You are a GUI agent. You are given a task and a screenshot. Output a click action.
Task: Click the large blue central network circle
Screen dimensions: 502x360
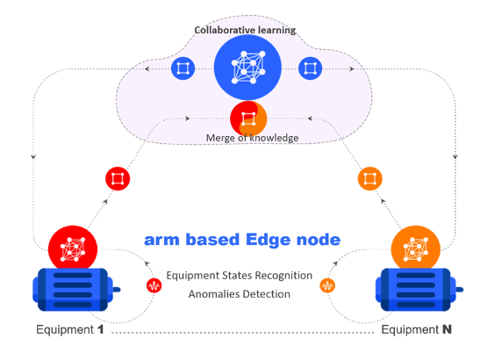247,68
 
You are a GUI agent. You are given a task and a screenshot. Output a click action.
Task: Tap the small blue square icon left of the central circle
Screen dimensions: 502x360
183,68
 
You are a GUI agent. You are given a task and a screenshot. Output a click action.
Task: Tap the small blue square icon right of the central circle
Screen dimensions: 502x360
310,68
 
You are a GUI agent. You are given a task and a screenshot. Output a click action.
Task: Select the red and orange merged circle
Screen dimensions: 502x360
248,119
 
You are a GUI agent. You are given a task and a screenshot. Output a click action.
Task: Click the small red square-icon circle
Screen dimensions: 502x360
118,178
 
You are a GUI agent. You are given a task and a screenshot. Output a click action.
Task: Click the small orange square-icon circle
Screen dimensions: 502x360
369,178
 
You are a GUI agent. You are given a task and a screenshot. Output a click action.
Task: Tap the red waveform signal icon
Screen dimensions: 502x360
154,285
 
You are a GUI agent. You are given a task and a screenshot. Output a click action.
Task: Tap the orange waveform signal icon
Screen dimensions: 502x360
327,285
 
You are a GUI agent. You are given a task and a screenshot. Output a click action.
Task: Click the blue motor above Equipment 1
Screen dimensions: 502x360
76,290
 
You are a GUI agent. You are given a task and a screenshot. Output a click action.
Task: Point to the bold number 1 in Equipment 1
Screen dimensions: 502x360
101,329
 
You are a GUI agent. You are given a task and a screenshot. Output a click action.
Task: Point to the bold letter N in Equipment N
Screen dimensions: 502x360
447,329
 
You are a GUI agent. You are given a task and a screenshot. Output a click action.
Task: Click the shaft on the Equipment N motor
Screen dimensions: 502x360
459,290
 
